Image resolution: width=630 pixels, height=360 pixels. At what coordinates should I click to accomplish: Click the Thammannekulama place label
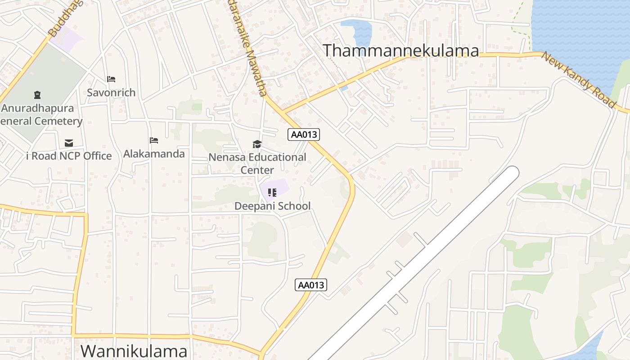click(401, 50)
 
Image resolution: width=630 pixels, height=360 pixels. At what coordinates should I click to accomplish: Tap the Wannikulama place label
click(134, 351)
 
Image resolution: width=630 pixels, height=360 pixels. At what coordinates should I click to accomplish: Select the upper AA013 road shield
click(304, 134)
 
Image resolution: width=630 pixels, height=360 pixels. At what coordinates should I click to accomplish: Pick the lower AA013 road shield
click(311, 285)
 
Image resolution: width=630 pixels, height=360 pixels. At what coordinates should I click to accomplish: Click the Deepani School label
click(272, 206)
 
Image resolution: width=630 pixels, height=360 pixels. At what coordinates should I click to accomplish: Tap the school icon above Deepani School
click(272, 193)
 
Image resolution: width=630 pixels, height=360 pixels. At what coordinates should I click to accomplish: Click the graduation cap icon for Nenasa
click(257, 144)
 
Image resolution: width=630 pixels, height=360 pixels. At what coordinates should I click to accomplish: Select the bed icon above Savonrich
click(111, 79)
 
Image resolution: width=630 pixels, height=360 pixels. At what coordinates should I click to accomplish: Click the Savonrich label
click(111, 93)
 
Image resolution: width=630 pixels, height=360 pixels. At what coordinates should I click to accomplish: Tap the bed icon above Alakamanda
click(154, 140)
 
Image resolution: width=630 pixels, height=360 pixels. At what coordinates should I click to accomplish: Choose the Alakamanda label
click(154, 154)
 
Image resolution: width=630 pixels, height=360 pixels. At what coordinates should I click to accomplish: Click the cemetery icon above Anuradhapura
click(37, 95)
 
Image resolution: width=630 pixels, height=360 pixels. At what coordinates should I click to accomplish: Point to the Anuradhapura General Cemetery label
click(40, 115)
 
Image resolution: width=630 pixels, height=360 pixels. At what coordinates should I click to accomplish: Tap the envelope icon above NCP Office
click(69, 143)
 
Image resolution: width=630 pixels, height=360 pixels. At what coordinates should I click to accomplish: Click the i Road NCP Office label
click(69, 156)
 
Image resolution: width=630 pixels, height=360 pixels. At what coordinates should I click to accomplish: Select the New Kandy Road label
click(578, 80)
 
